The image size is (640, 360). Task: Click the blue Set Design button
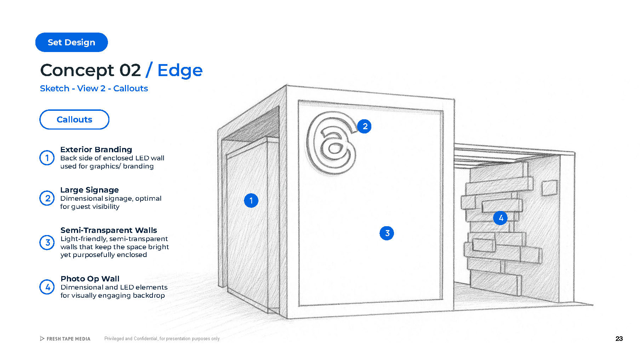pyautogui.click(x=72, y=42)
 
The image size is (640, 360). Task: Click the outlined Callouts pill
pyautogui.click(x=74, y=120)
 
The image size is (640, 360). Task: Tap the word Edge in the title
pyautogui.click(x=180, y=70)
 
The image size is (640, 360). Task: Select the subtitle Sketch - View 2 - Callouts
pyautogui.click(x=94, y=88)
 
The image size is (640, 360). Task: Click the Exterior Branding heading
pyautogui.click(x=96, y=149)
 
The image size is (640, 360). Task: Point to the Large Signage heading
pyautogui.click(x=89, y=190)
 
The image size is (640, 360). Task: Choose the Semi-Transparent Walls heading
pyautogui.click(x=109, y=230)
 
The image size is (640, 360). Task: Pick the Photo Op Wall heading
pyautogui.click(x=90, y=279)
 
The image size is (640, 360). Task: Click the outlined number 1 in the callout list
pyautogui.click(x=47, y=158)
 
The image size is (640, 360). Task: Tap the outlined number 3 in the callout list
pyautogui.click(x=47, y=242)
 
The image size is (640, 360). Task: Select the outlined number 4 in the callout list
pyautogui.click(x=47, y=287)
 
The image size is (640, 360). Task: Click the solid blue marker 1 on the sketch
pyautogui.click(x=251, y=201)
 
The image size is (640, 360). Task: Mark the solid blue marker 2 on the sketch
pyautogui.click(x=365, y=126)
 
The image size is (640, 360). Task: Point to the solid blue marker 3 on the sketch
pyautogui.click(x=387, y=233)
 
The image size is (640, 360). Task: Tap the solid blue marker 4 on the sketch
pyautogui.click(x=501, y=218)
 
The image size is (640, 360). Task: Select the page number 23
pyautogui.click(x=619, y=339)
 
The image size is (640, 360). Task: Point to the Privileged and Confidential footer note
pyautogui.click(x=162, y=339)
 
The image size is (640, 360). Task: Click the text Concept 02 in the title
pyautogui.click(x=91, y=70)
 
